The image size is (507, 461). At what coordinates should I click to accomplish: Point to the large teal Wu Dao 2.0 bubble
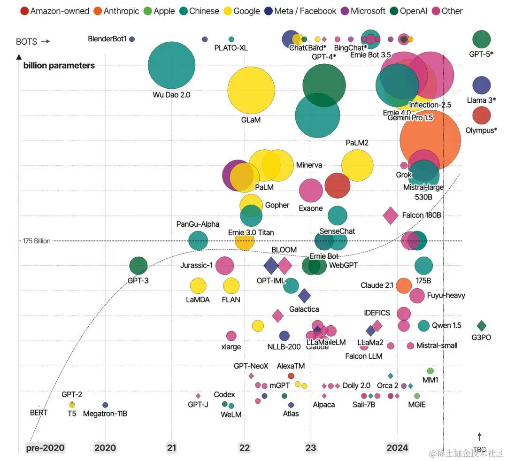171,65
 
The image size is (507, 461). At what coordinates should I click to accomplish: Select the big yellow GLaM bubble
251,90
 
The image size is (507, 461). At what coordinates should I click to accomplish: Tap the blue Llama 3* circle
482,85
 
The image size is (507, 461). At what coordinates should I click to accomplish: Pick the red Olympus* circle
482,115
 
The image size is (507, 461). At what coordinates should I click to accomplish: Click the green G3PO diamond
482,326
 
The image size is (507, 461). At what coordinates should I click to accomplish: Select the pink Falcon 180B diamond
391,215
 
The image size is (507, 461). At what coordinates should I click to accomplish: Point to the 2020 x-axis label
105,447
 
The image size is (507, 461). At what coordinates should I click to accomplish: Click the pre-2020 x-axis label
46,447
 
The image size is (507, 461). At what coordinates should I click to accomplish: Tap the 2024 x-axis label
397,447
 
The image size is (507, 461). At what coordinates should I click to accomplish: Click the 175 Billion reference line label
37,241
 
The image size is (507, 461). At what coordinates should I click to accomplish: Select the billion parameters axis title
59,65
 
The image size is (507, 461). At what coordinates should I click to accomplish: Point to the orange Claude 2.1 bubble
404,285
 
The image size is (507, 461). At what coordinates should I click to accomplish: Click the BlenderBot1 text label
108,39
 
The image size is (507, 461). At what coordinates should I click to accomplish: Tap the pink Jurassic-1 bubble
225,266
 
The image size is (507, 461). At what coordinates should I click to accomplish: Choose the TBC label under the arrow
479,449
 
